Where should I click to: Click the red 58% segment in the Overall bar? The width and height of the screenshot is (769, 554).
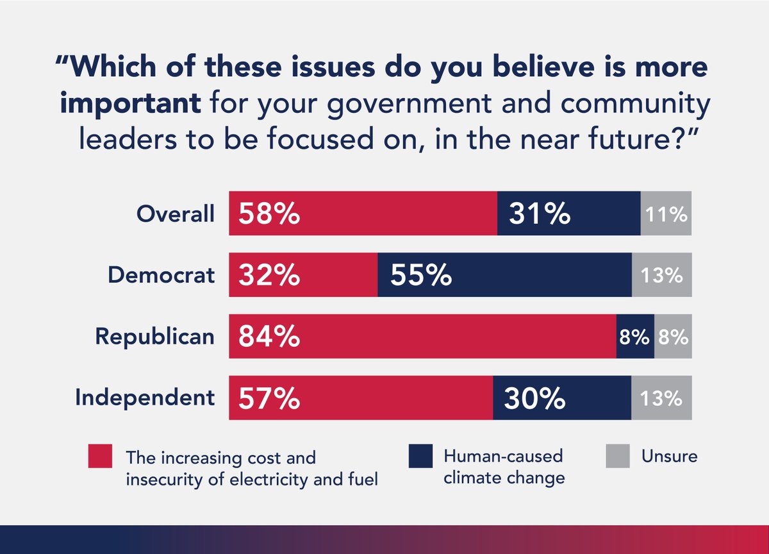click(x=363, y=214)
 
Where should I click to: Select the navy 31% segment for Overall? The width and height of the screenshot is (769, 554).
click(x=568, y=214)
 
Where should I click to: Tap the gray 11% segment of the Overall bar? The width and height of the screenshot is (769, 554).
click(x=666, y=214)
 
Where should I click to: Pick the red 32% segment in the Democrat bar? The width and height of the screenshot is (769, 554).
click(x=303, y=275)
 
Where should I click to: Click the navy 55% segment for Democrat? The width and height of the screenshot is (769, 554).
click(x=504, y=275)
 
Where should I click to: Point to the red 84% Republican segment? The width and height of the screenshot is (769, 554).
click(x=422, y=337)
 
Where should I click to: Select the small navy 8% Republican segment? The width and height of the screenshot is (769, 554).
click(x=635, y=337)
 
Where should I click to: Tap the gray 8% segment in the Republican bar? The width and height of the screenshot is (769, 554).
click(x=673, y=337)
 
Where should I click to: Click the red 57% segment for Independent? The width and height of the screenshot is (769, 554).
click(x=361, y=398)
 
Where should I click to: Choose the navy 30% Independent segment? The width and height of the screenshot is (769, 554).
click(x=562, y=398)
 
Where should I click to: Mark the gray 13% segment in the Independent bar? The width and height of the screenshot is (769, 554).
click(x=661, y=398)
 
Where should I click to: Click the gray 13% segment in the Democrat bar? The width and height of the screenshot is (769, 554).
click(x=661, y=275)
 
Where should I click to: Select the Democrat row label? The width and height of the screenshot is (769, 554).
click(x=161, y=276)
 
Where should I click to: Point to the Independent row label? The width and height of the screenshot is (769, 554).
click(x=144, y=398)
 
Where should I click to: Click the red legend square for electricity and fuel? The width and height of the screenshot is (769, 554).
click(x=101, y=457)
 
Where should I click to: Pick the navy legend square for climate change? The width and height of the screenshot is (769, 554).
click(x=420, y=457)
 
